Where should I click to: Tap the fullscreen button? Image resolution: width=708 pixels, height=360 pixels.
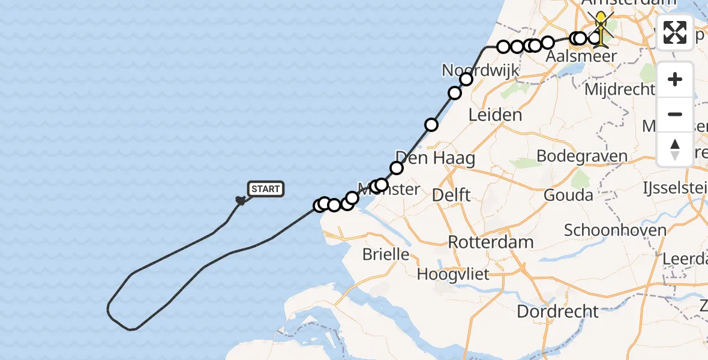[675, 32]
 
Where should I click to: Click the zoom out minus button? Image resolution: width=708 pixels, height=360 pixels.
[675, 114]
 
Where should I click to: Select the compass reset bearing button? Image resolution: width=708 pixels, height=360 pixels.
[675, 149]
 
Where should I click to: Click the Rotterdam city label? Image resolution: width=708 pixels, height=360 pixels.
[491, 242]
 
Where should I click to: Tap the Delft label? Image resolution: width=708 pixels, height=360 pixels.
[451, 195]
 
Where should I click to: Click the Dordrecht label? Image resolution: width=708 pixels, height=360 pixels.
[557, 311]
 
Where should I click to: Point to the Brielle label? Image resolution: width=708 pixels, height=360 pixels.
[385, 254]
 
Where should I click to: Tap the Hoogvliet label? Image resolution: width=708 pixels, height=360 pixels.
[453, 275]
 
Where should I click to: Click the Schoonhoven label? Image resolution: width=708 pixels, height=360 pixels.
[615, 230]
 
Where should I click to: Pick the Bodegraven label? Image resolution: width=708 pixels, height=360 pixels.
[581, 156]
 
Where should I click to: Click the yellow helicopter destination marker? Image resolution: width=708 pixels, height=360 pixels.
[601, 27]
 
